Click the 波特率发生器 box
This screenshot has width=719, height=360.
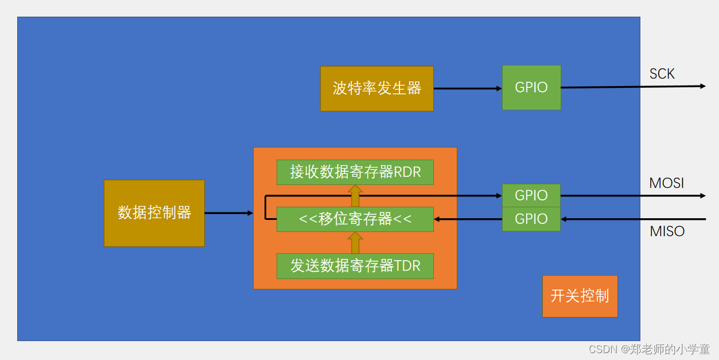click(x=376, y=88)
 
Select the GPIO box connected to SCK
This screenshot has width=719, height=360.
click(x=531, y=87)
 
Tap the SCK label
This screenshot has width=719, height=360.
click(x=662, y=74)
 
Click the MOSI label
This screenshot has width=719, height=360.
click(x=666, y=183)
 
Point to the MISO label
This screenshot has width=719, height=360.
click(x=667, y=231)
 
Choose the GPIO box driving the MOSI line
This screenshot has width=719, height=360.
click(x=531, y=195)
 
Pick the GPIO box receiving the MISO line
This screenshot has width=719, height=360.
click(x=531, y=219)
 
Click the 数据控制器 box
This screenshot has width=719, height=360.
click(x=154, y=213)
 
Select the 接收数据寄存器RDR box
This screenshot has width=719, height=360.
click(x=355, y=172)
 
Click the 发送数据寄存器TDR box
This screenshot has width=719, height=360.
click(x=355, y=266)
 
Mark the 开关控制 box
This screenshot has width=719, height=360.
click(x=580, y=296)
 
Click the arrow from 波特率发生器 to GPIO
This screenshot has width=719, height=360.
click(x=468, y=88)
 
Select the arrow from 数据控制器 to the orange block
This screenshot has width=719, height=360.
click(x=228, y=213)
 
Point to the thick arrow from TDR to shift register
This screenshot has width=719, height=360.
click(x=355, y=243)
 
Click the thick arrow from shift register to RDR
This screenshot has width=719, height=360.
click(x=355, y=196)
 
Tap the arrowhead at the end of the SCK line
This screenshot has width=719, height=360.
click(x=702, y=86)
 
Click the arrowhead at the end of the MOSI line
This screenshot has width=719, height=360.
click(x=702, y=196)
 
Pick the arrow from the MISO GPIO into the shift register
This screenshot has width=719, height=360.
click(x=468, y=219)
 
